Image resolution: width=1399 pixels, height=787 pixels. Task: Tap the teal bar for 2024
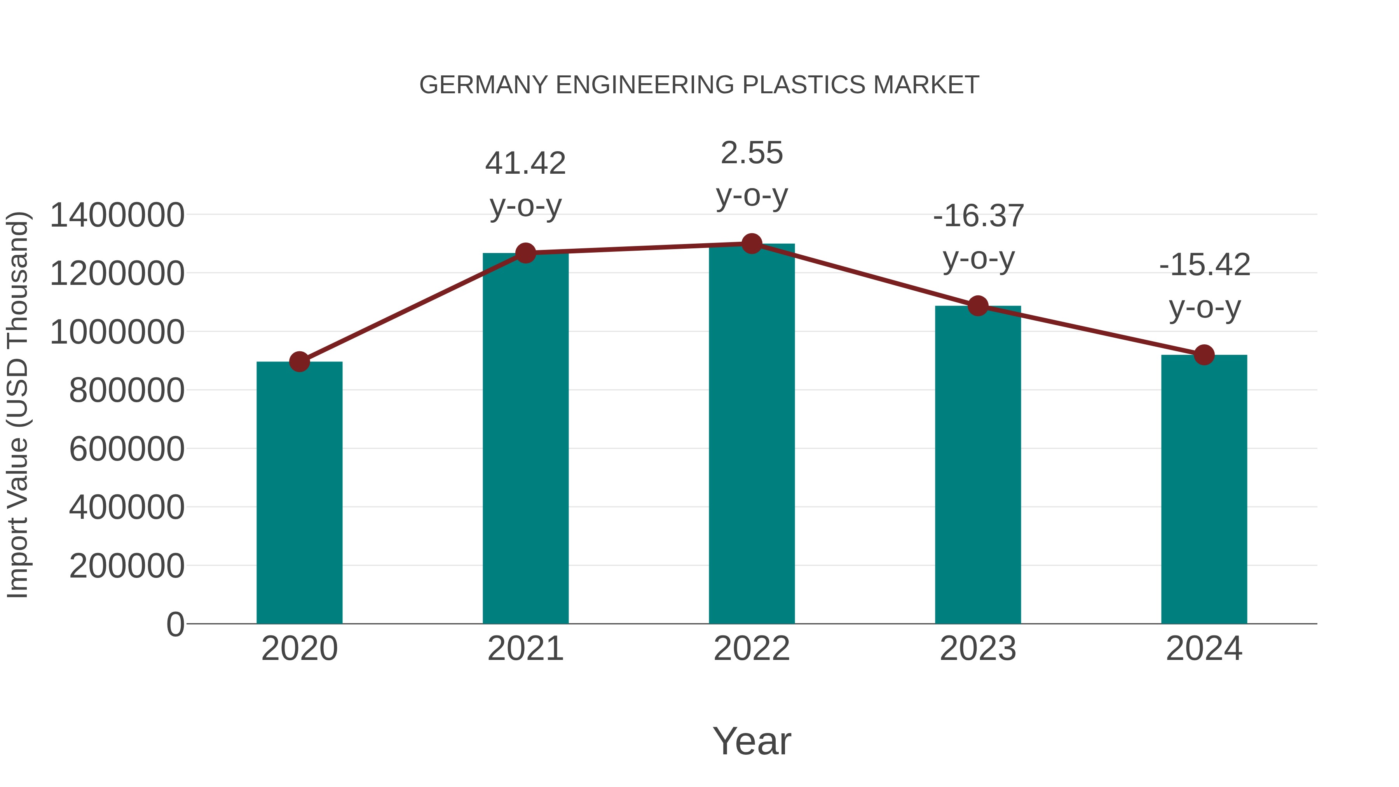point(1204,489)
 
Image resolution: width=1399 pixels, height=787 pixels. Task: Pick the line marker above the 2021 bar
point(525,253)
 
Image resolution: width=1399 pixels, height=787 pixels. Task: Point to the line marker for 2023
point(978,306)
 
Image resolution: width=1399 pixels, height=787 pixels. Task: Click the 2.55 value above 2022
point(752,153)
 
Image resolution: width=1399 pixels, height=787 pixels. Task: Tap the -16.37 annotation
point(978,216)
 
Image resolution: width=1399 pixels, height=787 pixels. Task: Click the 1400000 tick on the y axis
point(117,215)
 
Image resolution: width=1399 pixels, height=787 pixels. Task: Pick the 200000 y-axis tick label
point(127,566)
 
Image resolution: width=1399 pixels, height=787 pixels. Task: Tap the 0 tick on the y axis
point(175,624)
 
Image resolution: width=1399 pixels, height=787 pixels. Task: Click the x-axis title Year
point(752,741)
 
